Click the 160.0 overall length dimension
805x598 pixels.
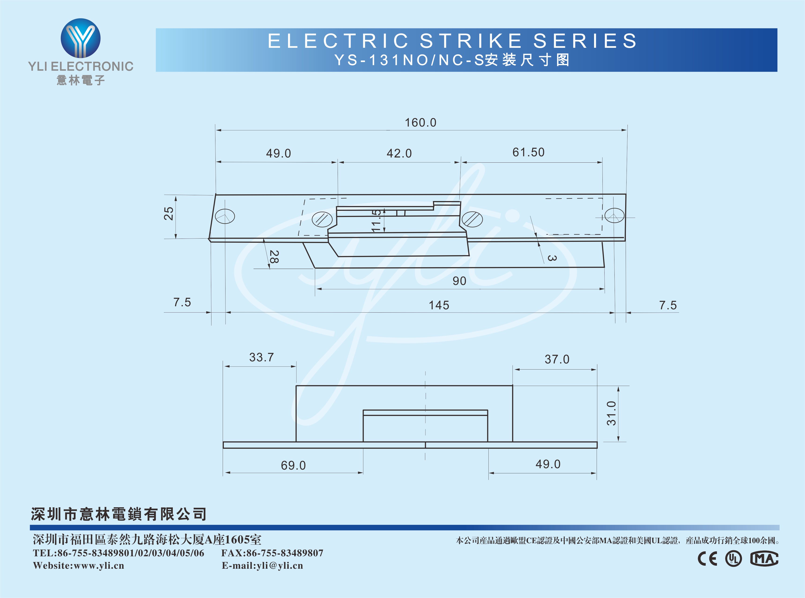tap(421, 123)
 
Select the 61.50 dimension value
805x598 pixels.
tap(528, 152)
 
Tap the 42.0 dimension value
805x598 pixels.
tap(399, 153)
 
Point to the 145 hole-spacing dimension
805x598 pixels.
tap(439, 305)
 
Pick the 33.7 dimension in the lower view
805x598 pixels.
tap(262, 357)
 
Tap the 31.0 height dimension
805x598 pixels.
tap(611, 413)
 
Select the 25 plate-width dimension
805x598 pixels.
tap(169, 213)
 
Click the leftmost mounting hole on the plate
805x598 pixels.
tap(225, 217)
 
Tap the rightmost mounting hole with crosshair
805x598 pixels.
tap(614, 216)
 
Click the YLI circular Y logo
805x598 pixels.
tap(80, 38)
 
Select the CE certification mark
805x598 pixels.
tap(707, 559)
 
